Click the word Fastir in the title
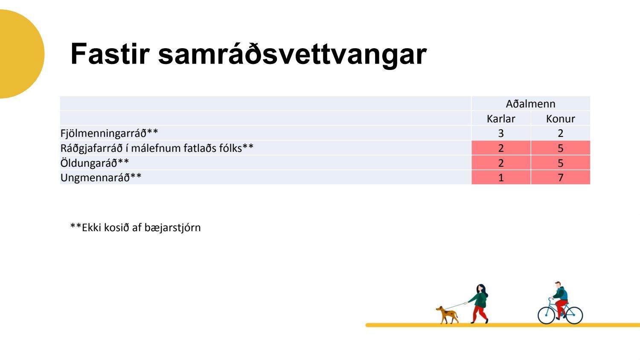pos(110,54)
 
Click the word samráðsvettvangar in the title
pos(292,55)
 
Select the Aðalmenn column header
pos(531,104)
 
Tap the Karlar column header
pos(501,119)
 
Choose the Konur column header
pos(560,119)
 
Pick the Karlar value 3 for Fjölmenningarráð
pos(501,134)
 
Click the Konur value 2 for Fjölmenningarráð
pos(560,134)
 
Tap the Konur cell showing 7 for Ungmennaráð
pos(560,178)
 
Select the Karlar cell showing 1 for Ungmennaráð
pos(501,178)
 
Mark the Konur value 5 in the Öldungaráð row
pos(560,163)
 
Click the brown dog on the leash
pos(447,315)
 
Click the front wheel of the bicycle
pos(546,315)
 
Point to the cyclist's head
pos(558,285)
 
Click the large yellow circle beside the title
pos(20,54)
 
